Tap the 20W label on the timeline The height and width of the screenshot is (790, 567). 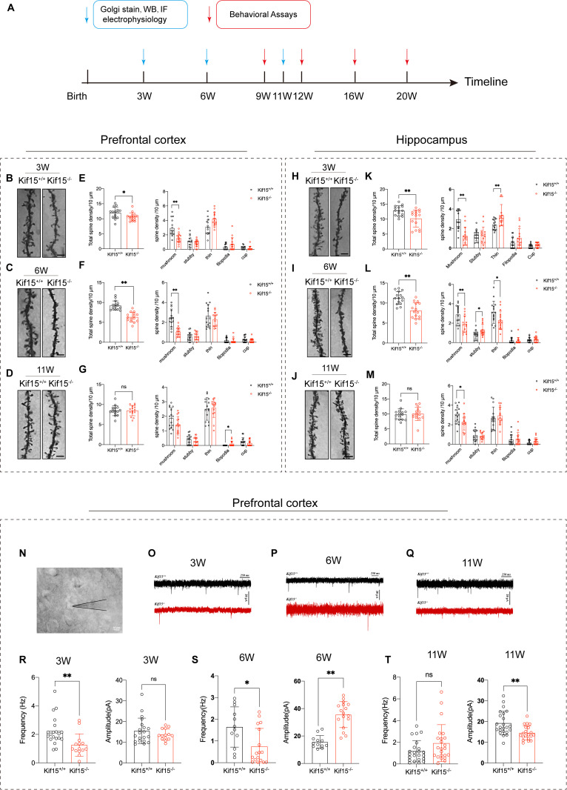[407, 97]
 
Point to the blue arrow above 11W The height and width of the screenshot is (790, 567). [283, 57]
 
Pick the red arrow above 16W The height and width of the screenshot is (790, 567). [356, 57]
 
